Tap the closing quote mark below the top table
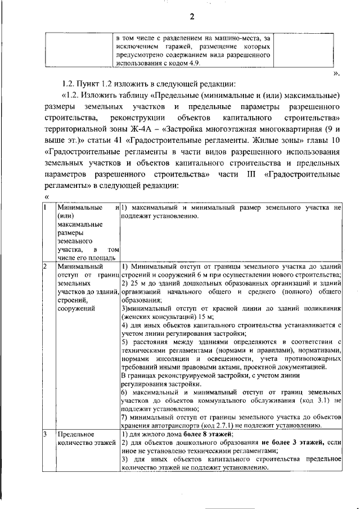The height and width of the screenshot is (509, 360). (336, 73)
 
